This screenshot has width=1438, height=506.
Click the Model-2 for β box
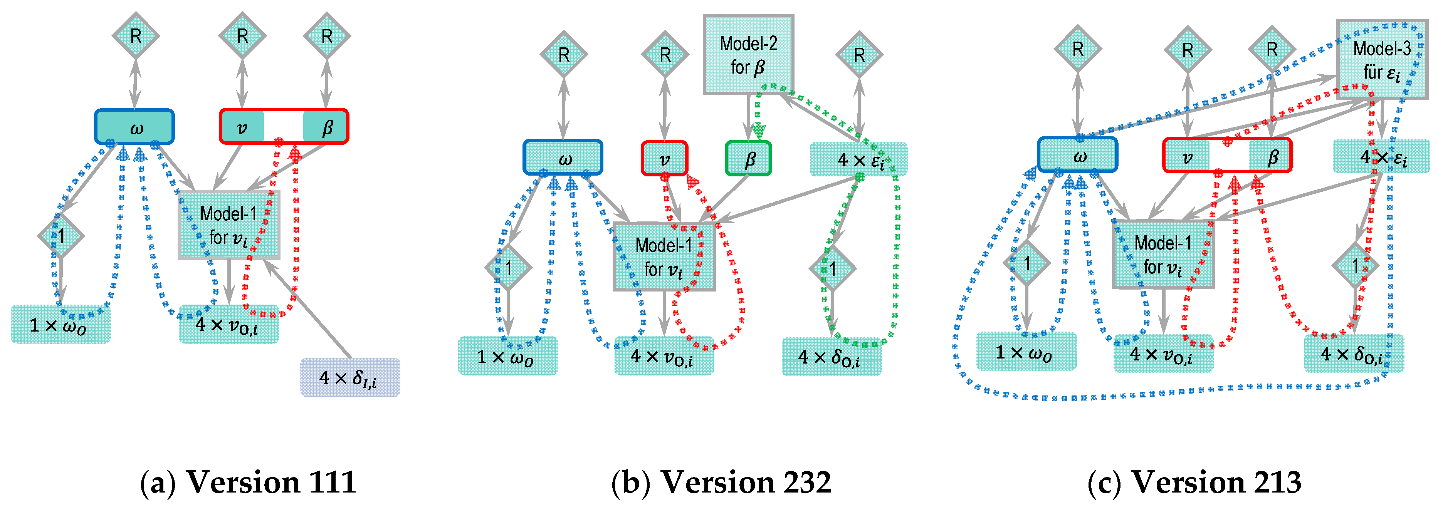(x=748, y=55)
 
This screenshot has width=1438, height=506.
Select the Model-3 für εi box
(x=1381, y=60)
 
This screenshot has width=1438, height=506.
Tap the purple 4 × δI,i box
(x=350, y=378)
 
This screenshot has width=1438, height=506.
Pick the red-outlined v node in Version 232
(x=664, y=159)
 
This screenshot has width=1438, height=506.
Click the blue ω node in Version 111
(x=134, y=127)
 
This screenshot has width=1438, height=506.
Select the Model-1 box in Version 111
(x=228, y=225)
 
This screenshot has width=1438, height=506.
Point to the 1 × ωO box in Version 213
(x=1026, y=352)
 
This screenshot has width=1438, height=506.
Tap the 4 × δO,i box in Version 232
(x=831, y=357)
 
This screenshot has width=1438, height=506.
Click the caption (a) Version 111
(x=248, y=482)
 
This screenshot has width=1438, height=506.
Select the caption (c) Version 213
(x=1194, y=482)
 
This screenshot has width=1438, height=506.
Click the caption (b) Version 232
(x=721, y=482)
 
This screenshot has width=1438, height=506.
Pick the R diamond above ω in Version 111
(x=136, y=36)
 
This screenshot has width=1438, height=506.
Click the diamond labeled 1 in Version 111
(x=61, y=235)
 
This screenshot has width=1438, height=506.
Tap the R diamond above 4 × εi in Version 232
(x=859, y=55)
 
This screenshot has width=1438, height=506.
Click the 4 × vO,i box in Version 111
(x=229, y=325)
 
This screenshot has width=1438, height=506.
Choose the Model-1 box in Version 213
(x=1163, y=255)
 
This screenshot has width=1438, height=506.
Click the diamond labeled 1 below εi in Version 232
(x=832, y=269)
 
